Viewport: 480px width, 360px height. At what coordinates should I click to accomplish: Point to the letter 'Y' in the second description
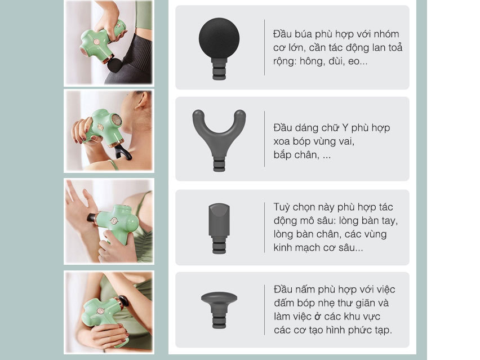point(345,127)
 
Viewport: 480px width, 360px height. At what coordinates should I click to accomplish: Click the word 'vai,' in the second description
point(345,141)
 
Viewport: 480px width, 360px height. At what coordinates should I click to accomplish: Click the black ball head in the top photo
point(115,65)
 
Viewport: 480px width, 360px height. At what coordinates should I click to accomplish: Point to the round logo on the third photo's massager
point(114,221)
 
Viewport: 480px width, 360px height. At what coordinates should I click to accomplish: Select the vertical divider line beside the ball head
point(264,47)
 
